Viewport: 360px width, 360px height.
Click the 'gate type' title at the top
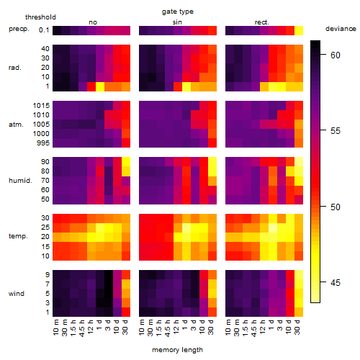pos(178,12)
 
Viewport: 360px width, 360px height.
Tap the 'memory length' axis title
pos(177,350)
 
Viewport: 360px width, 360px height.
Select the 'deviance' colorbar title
pos(341,29)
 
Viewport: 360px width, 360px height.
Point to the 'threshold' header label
pos(40,17)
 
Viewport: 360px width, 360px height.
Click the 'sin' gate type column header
pos(177,22)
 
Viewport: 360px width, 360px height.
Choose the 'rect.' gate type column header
pos(261,22)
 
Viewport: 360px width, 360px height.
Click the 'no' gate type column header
pos(93,22)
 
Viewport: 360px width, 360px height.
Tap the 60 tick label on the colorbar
pos(336,55)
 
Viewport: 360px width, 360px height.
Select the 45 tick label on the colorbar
pos(336,283)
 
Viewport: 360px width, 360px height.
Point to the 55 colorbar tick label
pos(336,131)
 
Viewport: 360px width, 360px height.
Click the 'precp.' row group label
pos(19,29)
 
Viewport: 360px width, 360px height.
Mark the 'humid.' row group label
pos(20,181)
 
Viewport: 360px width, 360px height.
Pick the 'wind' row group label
pos(17,294)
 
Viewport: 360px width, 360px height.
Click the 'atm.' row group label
pos(16,125)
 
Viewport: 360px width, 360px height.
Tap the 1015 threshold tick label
pos(41,106)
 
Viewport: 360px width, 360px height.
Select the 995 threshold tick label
pos(43,143)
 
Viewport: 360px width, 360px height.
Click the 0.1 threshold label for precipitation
pos(44,30)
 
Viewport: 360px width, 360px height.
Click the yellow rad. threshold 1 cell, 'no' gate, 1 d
pos(100,86)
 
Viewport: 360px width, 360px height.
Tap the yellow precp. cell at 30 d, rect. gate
pos(299,30)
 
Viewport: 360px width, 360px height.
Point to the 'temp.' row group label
pos(18,236)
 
